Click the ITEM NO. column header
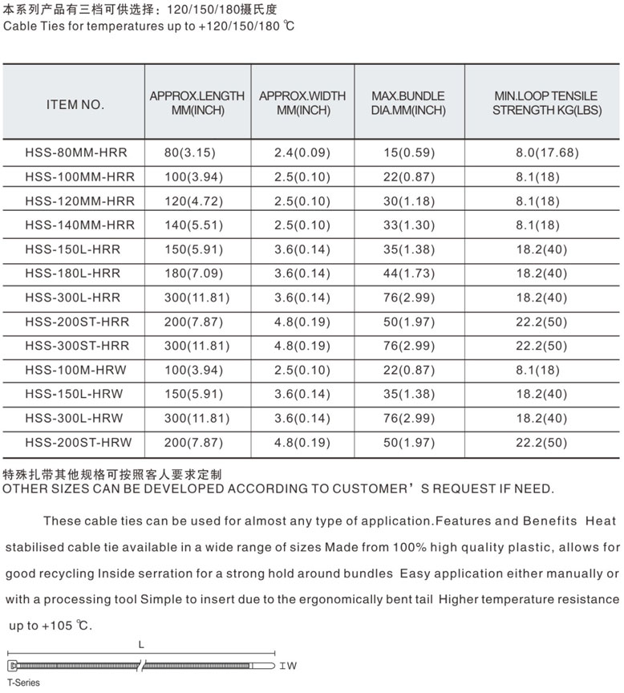click(x=75, y=103)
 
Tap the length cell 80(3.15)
click(x=190, y=152)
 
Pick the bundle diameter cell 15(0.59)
click(x=408, y=152)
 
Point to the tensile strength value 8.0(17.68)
click(x=547, y=152)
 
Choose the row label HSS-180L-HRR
click(x=73, y=274)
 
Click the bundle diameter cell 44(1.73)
click(x=408, y=274)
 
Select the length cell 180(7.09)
click(x=196, y=274)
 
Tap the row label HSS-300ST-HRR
click(x=77, y=346)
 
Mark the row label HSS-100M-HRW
click(x=75, y=370)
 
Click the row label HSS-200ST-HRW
click(x=78, y=442)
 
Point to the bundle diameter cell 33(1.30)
click(x=408, y=225)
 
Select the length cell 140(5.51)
click(x=196, y=225)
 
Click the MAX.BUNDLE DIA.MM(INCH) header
click(x=408, y=103)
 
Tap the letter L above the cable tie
click(x=141, y=645)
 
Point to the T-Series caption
click(x=23, y=683)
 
